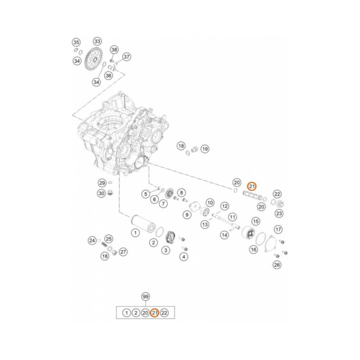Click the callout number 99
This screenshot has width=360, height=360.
145,297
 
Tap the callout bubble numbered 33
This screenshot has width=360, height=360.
97,41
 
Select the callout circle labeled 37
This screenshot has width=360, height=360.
126,57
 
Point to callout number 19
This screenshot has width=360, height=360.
205,149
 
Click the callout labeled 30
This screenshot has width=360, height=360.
102,193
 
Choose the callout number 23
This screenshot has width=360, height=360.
279,213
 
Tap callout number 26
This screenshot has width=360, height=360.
277,265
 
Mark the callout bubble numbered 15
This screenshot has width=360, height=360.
256,221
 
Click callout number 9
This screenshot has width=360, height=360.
187,215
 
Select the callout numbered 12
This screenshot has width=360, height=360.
225,206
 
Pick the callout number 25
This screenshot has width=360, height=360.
109,239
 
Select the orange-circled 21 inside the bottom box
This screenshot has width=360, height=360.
154,313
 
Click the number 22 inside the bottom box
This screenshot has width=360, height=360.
164,313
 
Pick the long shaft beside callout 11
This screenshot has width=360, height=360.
226,221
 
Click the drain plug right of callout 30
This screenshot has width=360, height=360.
110,193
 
